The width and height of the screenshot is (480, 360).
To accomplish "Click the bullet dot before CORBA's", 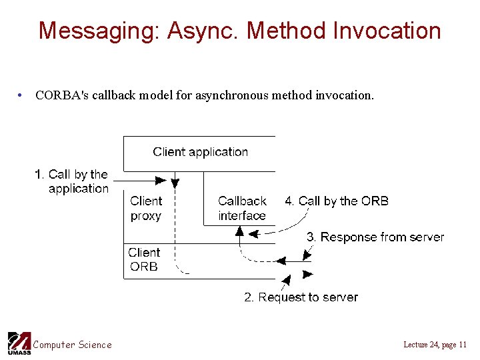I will click(x=21, y=95).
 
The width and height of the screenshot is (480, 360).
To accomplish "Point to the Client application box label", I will click(x=200, y=152).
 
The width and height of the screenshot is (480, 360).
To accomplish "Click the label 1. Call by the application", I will click(x=72, y=181).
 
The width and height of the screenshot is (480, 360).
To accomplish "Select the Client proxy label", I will click(x=146, y=208).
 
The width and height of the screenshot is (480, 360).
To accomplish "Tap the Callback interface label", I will click(x=241, y=208).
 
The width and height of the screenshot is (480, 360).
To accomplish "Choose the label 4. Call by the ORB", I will click(x=337, y=201).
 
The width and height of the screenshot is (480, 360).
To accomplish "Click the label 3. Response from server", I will click(x=375, y=237).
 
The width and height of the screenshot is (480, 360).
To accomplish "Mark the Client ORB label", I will click(x=144, y=259).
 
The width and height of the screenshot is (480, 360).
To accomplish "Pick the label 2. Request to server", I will click(x=301, y=297).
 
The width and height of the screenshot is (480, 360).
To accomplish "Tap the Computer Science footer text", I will click(x=73, y=345).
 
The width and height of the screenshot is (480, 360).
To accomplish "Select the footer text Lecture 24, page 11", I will click(x=435, y=345).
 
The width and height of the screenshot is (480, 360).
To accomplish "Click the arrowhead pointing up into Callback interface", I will click(x=239, y=231).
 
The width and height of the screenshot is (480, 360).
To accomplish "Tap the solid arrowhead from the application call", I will click(x=161, y=180).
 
